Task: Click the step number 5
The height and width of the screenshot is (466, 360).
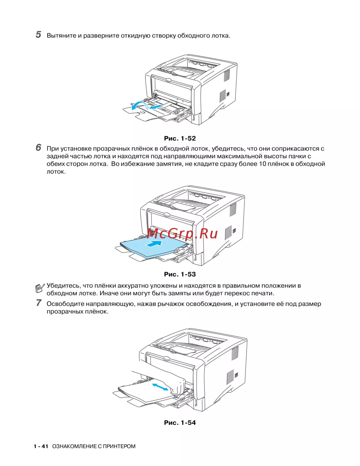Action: (x=39, y=35)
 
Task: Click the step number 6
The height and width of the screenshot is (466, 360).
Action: (x=39, y=148)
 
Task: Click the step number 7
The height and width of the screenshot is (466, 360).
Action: (x=39, y=303)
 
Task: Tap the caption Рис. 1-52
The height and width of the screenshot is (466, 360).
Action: (x=180, y=138)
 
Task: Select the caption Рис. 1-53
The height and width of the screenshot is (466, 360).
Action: (x=180, y=274)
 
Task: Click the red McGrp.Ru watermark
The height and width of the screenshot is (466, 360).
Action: (x=183, y=233)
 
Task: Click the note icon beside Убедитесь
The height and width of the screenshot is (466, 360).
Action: (x=40, y=288)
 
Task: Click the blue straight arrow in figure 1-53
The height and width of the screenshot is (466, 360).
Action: (x=153, y=243)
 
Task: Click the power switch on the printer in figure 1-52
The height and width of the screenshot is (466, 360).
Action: (x=228, y=94)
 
